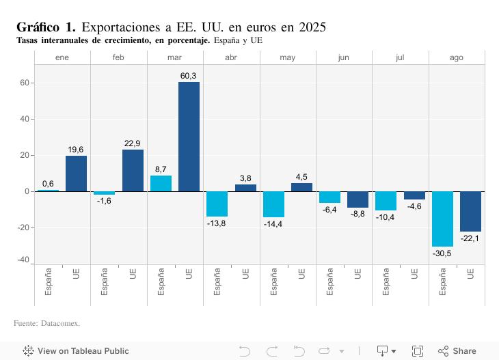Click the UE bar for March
click(x=189, y=137)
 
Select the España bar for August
click(x=442, y=219)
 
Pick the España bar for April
click(x=217, y=204)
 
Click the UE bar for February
click(x=133, y=171)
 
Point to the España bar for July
click(x=386, y=201)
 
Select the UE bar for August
click(x=470, y=211)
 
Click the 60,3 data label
click(x=189, y=75)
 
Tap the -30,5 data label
click(x=442, y=253)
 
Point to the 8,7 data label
click(x=161, y=169)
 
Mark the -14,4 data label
click(x=273, y=224)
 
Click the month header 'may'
click(x=288, y=57)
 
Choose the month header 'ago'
click(x=456, y=57)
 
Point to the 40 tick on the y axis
click(x=24, y=119)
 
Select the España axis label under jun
click(x=329, y=281)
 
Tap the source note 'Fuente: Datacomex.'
click(x=46, y=322)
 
